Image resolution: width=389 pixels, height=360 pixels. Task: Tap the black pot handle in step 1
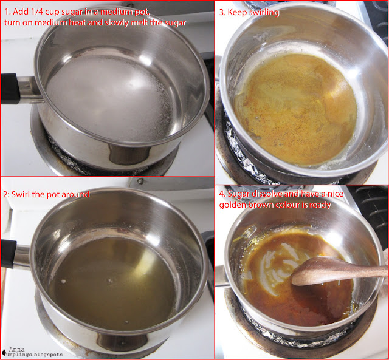[10, 89]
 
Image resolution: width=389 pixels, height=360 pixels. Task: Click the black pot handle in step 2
[9, 254]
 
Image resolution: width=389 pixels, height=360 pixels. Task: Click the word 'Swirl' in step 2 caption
[21, 194]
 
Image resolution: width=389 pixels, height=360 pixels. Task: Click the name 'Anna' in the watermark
[17, 350]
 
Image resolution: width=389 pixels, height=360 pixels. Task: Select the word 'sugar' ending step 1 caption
[174, 23]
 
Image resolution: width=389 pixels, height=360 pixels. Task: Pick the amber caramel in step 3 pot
[295, 109]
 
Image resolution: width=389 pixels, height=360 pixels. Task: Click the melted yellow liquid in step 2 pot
[112, 282]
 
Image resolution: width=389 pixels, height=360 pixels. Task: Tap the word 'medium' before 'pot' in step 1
[115, 12]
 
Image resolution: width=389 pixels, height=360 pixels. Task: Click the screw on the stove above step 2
[140, 181]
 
